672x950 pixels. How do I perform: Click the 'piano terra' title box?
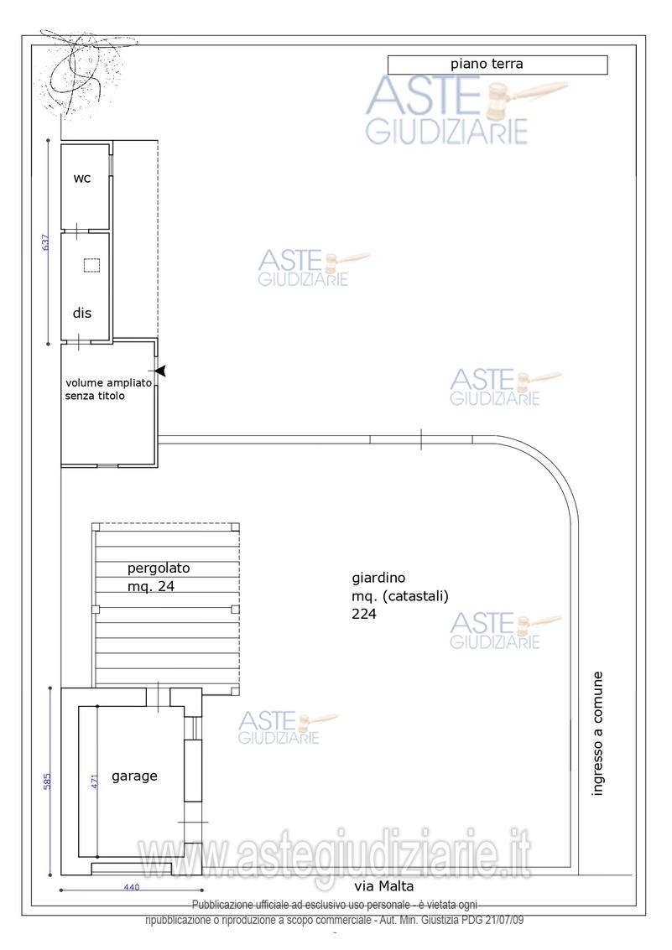[497, 65]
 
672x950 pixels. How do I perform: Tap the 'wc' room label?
[82, 178]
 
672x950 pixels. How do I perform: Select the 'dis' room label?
[82, 313]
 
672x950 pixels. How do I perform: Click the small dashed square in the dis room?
[91, 265]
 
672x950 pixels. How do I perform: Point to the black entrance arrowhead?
[160, 371]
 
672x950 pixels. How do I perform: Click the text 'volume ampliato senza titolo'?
[108, 389]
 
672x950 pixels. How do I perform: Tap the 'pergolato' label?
[159, 568]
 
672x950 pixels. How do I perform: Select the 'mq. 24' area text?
[151, 586]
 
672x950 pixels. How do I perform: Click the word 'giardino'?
[378, 578]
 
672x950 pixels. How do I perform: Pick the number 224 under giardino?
[363, 614]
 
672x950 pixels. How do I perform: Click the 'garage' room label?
[134, 776]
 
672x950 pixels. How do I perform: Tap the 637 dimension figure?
[44, 242]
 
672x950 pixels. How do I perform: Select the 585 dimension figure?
[47, 781]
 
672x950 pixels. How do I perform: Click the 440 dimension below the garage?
[132, 887]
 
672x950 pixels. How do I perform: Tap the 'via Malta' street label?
[384, 886]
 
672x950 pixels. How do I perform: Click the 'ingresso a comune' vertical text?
[597, 733]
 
